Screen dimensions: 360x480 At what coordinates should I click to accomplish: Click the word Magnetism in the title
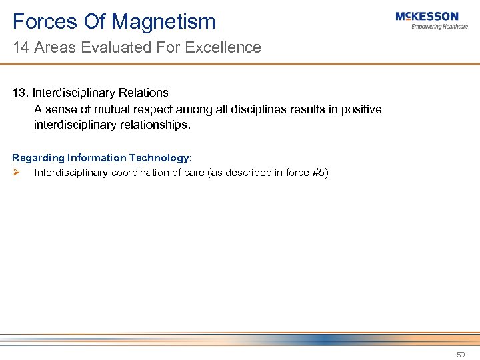(164, 22)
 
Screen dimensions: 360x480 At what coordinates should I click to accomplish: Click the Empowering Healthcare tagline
(440, 27)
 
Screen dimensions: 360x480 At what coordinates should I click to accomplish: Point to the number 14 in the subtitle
(20, 48)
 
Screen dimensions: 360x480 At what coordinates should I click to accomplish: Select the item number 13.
(20, 93)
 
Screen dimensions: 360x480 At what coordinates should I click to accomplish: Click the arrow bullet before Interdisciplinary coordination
(17, 173)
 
